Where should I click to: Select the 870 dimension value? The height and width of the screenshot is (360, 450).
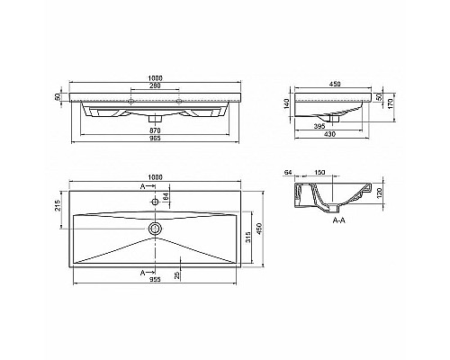click(x=157, y=131)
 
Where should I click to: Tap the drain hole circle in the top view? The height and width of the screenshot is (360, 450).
click(x=157, y=229)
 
